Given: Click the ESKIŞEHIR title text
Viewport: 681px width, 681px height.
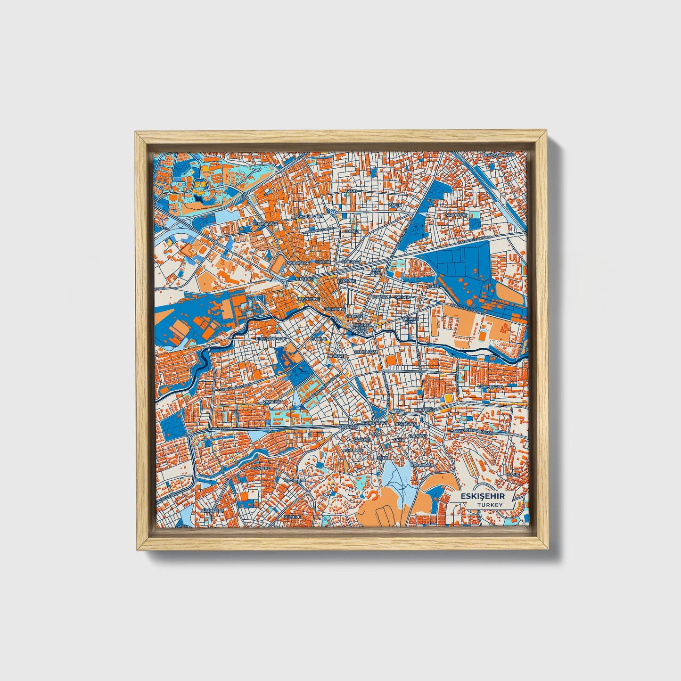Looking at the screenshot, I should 482,496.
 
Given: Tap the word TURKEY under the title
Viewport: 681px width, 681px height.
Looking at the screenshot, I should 490,505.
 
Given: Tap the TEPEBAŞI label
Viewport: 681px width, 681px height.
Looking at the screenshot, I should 304,279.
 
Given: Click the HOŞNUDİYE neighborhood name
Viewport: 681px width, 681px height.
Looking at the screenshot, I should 309,299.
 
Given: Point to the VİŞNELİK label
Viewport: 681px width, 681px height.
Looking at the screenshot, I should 272,402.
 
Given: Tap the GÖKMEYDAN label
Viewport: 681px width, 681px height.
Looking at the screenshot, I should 491,386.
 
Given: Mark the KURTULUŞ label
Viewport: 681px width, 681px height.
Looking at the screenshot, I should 423,410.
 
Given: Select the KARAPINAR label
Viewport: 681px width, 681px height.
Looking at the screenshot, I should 421,465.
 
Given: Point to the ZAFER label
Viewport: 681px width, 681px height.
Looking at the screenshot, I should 395,205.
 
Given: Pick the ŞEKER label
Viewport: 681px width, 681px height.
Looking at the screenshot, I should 432,286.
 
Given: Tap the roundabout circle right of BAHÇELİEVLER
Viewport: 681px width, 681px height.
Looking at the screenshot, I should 333,213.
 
